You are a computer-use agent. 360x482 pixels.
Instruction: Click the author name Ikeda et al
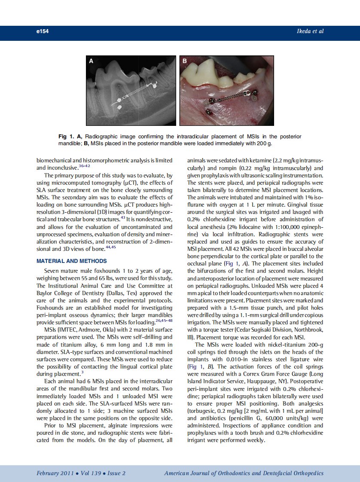click(310, 31)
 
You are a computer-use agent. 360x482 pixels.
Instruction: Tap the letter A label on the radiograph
click(91, 61)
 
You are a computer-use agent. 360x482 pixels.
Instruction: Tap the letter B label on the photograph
click(185, 61)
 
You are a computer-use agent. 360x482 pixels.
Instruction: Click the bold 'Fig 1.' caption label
click(66, 137)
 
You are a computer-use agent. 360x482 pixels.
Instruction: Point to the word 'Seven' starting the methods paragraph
click(52, 271)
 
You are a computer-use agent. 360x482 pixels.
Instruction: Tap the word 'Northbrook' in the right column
click(308, 329)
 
